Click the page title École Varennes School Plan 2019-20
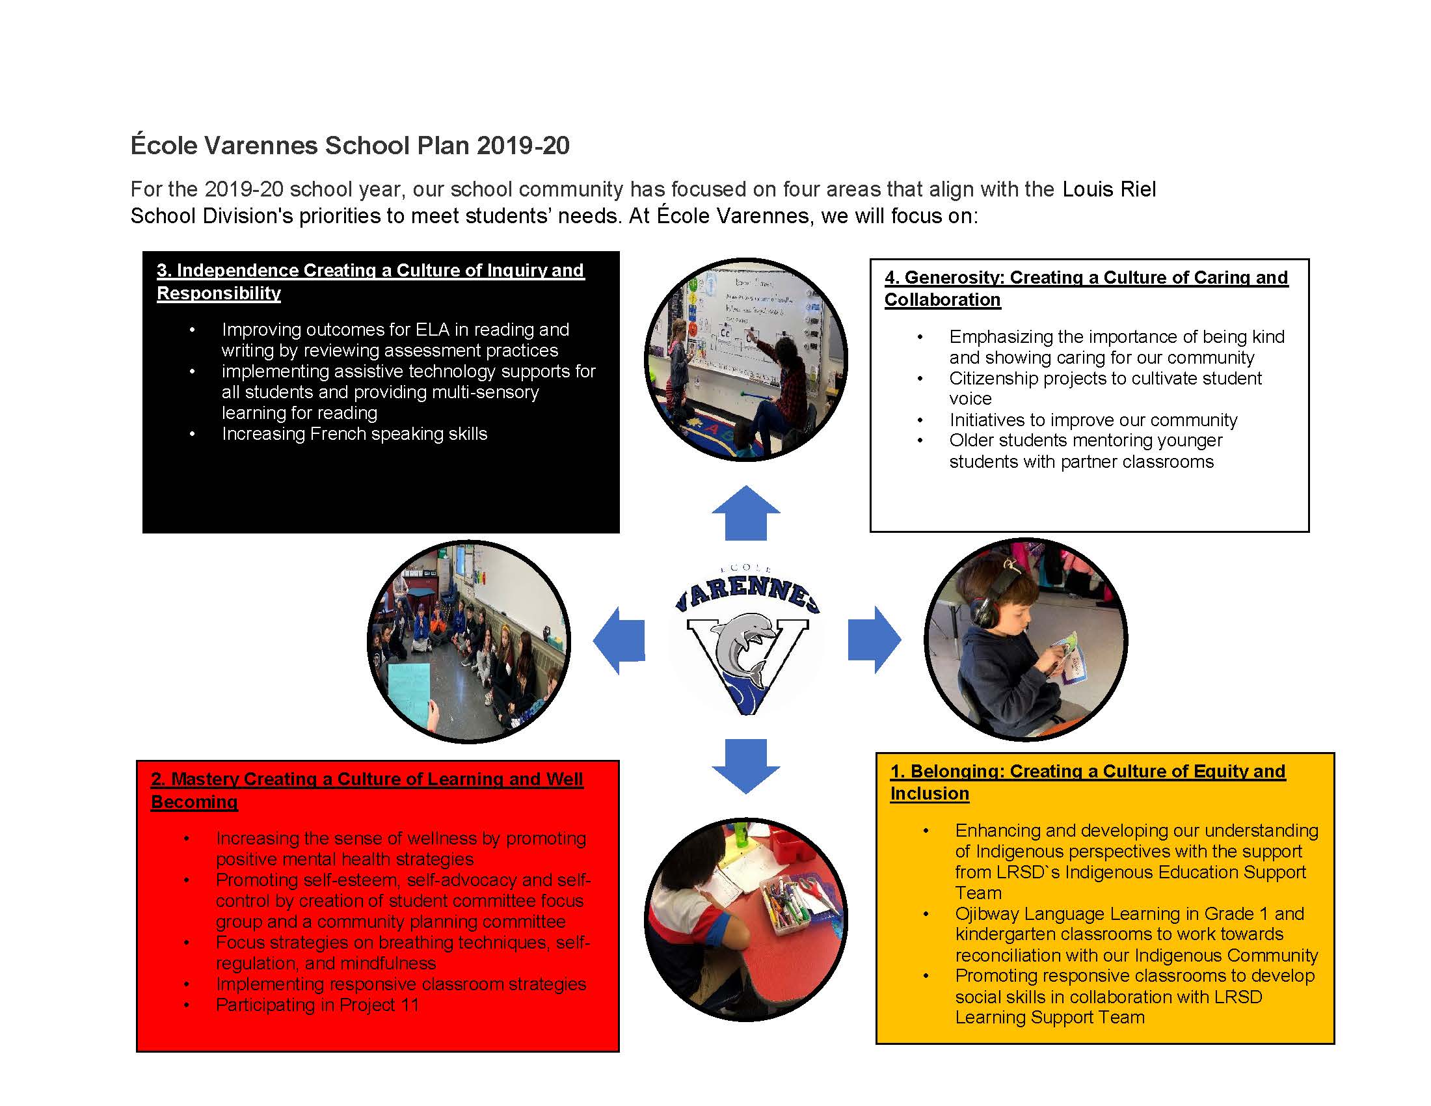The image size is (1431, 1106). point(350,146)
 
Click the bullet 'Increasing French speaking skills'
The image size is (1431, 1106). point(354,434)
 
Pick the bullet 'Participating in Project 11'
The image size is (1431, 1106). point(317,1005)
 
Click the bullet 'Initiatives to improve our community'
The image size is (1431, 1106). point(1093,420)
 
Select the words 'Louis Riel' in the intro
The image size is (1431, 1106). point(1108,189)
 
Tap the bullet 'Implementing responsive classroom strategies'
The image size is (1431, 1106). point(400,984)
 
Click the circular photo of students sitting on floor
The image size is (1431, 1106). point(468,641)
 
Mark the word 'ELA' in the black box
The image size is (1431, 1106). point(432,330)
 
